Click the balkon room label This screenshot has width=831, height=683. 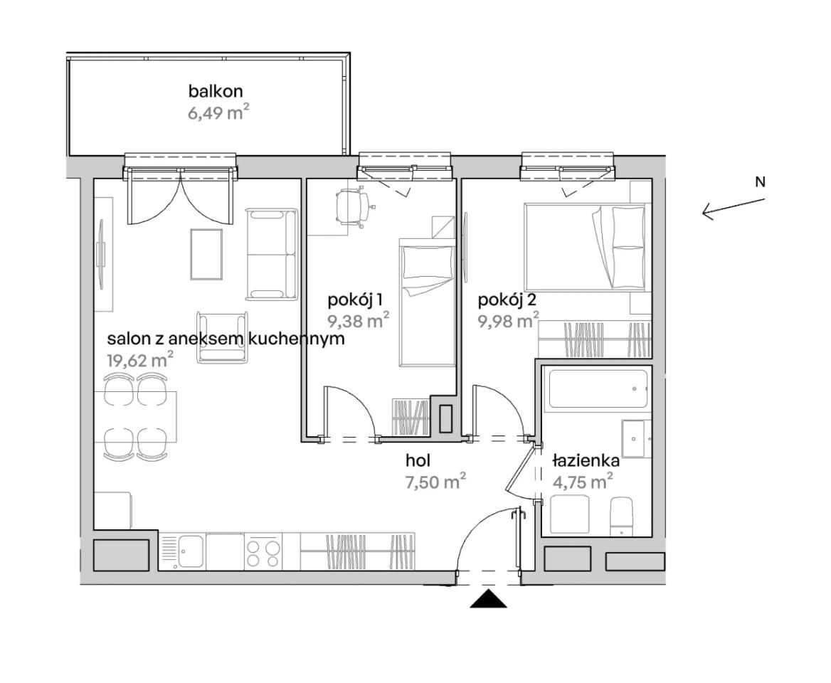[216, 91]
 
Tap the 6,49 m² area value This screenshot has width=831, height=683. [218, 112]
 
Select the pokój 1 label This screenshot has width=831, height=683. [356, 300]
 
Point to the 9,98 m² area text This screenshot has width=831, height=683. [509, 321]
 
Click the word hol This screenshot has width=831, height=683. [418, 460]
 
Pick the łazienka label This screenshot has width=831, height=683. [586, 460]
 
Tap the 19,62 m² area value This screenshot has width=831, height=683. [140, 360]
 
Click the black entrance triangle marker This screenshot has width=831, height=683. [489, 598]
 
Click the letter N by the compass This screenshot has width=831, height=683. [760, 181]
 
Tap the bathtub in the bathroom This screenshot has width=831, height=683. [598, 388]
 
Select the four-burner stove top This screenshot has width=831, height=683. [263, 552]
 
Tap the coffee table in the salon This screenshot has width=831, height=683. [206, 254]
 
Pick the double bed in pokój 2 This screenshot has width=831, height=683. [587, 247]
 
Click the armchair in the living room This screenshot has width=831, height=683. [223, 337]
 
